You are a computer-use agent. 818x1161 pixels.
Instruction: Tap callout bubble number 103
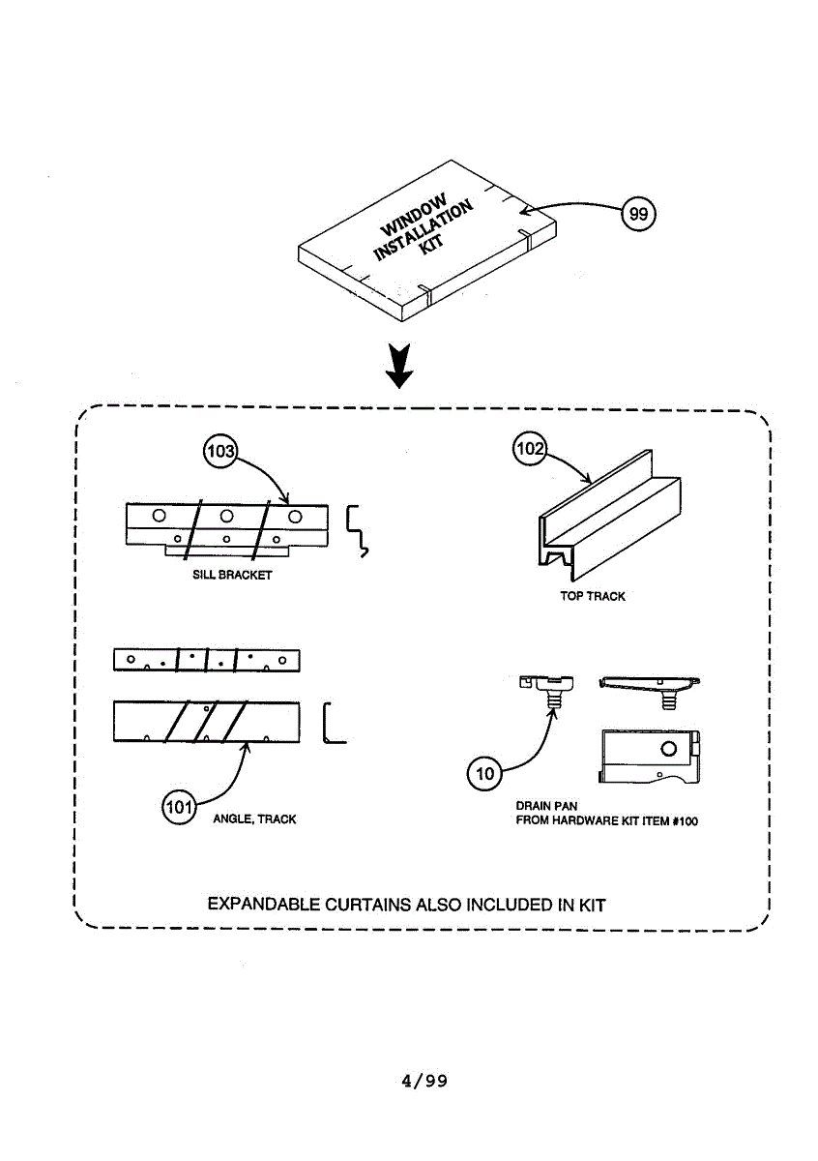221,452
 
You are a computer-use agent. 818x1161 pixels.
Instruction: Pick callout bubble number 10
485,772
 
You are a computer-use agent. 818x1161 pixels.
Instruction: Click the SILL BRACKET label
233,575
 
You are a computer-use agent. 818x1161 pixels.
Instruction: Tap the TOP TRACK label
592,596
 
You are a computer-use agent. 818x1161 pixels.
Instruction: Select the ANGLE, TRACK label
254,819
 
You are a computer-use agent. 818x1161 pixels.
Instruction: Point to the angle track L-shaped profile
332,723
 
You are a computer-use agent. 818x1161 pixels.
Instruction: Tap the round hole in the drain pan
667,749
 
